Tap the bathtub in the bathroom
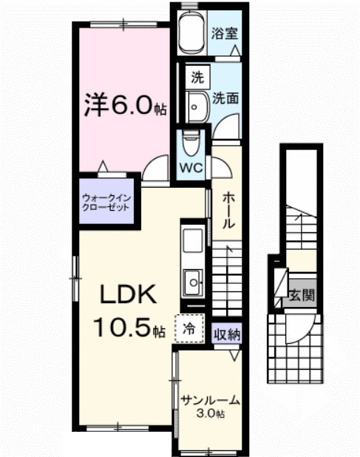pyautogui.click(x=191, y=33)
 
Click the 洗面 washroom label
pyautogui.click(x=225, y=98)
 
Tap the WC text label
pyautogui.click(x=192, y=166)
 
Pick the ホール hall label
pyautogui.click(x=229, y=211)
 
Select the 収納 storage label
pyautogui.click(x=228, y=334)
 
